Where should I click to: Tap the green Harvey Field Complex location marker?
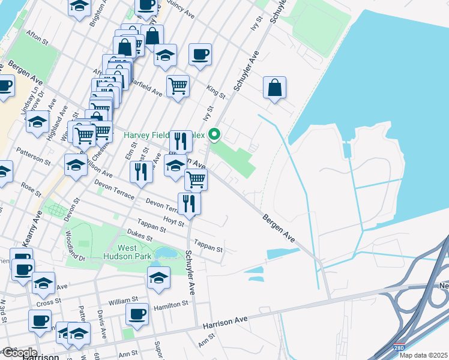click(x=213, y=133)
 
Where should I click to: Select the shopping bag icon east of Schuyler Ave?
click(x=274, y=88)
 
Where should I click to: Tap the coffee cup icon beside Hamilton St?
click(x=137, y=314)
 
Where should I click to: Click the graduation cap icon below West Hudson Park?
click(x=158, y=278)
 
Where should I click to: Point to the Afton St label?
click(x=37, y=37)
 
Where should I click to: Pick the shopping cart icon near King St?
click(x=178, y=86)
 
